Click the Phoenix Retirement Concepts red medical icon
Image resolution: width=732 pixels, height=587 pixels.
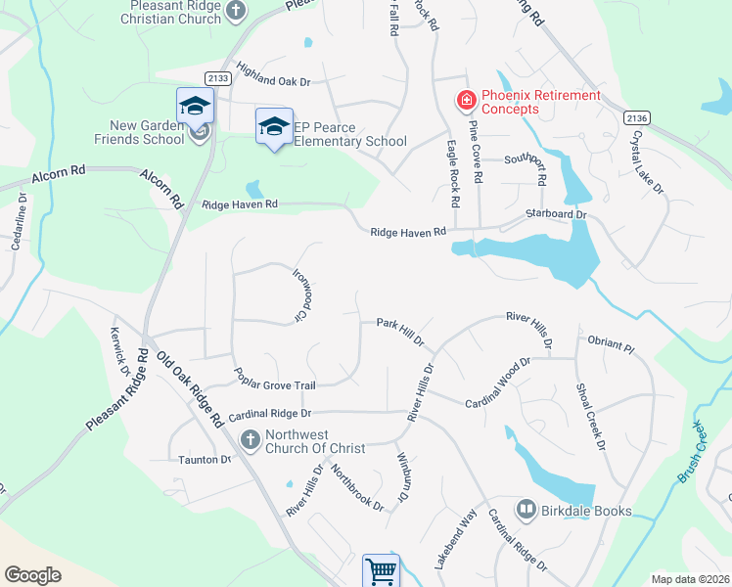tap(466, 100)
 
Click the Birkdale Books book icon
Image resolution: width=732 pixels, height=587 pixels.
tap(526, 510)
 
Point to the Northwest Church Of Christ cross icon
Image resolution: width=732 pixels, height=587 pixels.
tap(250, 440)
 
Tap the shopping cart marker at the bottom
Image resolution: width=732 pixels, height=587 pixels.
tap(381, 571)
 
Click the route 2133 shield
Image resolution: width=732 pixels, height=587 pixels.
tap(218, 77)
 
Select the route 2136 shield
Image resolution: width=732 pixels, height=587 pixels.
tap(635, 117)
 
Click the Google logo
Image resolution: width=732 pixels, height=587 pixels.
tap(32, 574)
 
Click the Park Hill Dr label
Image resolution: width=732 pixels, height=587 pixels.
tap(400, 330)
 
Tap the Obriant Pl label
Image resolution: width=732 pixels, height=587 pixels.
tap(612, 344)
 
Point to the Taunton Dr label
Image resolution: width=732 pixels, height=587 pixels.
tap(205, 459)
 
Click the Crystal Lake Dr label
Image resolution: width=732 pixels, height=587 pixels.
tap(648, 161)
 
